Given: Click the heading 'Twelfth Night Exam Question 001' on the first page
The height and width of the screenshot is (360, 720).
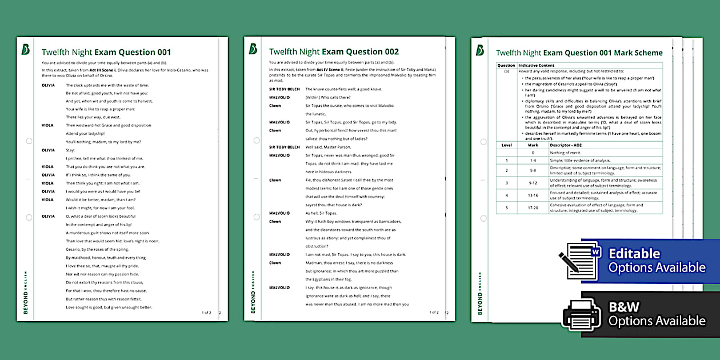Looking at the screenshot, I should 106,52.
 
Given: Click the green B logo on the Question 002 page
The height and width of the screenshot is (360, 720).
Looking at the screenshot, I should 253,49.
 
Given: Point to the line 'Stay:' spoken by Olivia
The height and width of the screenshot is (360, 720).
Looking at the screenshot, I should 71,150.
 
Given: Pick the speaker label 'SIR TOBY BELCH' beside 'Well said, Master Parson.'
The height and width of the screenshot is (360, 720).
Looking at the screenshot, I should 284,147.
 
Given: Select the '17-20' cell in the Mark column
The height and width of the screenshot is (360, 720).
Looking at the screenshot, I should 533,208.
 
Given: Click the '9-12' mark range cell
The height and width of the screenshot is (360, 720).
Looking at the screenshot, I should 533,183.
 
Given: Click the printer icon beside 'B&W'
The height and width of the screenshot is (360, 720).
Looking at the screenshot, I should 581,314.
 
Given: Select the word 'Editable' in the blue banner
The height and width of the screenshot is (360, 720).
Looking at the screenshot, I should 634,254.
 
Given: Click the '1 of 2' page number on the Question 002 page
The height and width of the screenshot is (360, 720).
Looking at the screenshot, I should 434,313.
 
